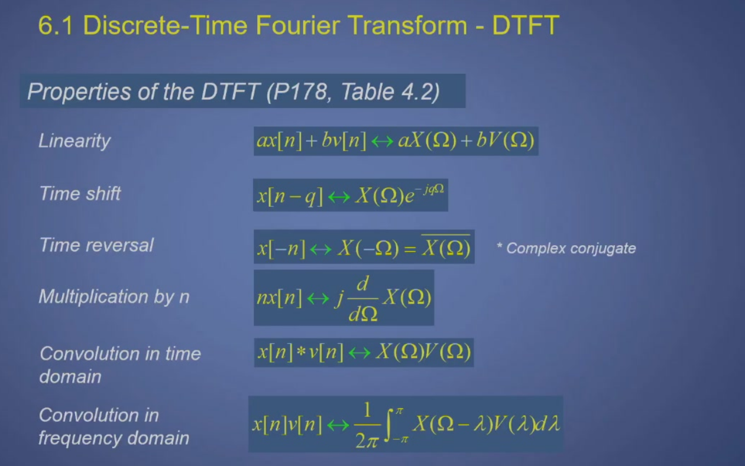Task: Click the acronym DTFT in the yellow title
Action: point(526,25)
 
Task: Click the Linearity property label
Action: point(74,141)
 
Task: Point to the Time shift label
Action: point(80,193)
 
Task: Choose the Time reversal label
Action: point(96,245)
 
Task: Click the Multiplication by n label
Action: point(114,296)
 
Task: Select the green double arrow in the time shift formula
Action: point(339,197)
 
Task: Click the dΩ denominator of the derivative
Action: point(363,313)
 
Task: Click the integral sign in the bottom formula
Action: point(388,425)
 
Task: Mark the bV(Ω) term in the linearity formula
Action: point(505,141)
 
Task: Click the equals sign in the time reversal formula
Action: point(410,249)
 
